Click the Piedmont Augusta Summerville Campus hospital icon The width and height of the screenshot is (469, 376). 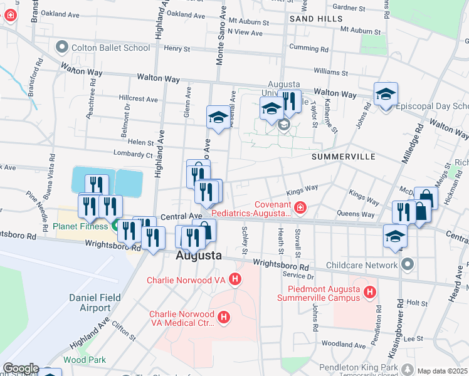370,292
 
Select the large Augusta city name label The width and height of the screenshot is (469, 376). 198,256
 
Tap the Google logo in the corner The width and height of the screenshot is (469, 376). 21,368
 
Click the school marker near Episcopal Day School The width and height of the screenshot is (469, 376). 386,95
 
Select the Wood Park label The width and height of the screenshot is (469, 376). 84,360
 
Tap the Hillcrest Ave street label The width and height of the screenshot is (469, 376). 139,99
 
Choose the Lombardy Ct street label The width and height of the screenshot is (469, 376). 132,154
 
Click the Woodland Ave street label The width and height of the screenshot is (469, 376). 343,345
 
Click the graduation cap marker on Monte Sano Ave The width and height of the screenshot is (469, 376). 218,117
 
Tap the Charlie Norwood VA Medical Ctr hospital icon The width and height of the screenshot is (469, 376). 224,319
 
